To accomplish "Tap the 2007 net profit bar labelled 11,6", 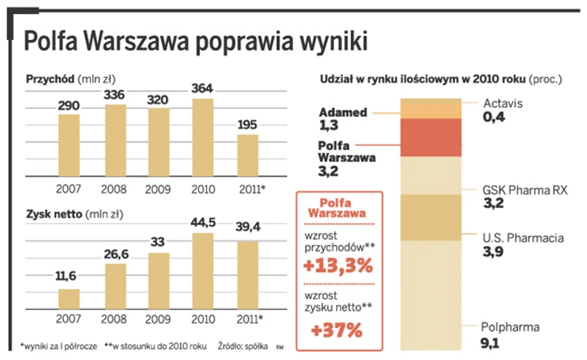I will pyautogui.click(x=69, y=300).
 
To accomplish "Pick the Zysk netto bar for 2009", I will pyautogui.click(x=158, y=282).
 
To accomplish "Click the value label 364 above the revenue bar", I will pyautogui.click(x=203, y=88).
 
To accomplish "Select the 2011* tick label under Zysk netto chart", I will pyautogui.click(x=249, y=321).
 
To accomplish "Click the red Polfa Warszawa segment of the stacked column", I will pyautogui.click(x=431, y=138).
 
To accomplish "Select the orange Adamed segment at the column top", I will pyautogui.click(x=431, y=107).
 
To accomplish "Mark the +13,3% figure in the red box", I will pyautogui.click(x=337, y=265).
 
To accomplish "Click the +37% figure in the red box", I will pyautogui.click(x=336, y=329).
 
